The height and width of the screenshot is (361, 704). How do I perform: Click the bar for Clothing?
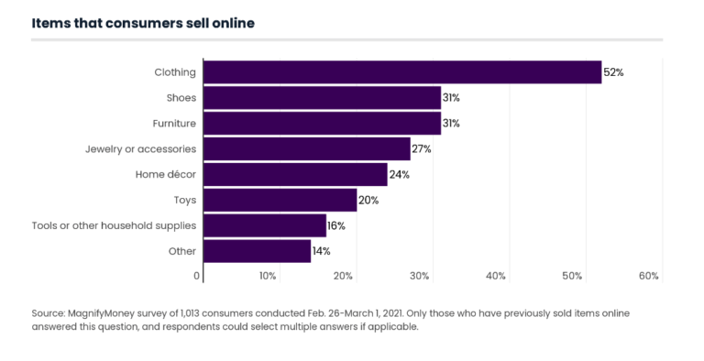click(x=401, y=72)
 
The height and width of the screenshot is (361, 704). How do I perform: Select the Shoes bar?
click(x=322, y=98)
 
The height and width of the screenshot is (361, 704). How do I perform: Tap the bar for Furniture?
click(x=322, y=123)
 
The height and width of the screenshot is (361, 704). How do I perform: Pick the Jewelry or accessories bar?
click(x=306, y=148)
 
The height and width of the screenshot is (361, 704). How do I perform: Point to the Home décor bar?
click(x=295, y=174)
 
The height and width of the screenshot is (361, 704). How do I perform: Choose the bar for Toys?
click(x=280, y=200)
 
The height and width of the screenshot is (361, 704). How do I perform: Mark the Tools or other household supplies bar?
click(x=264, y=225)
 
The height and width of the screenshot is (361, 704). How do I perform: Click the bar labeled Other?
click(x=257, y=251)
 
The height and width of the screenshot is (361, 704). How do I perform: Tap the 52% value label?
click(x=613, y=72)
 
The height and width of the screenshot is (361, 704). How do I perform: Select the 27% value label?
click(x=422, y=148)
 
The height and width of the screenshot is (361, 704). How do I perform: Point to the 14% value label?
click(x=322, y=251)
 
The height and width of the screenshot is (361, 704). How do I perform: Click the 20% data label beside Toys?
click(x=368, y=200)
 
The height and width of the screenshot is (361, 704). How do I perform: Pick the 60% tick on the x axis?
click(x=649, y=276)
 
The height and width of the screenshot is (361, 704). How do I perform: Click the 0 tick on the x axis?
click(x=196, y=276)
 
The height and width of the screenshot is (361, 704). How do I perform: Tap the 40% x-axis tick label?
click(x=496, y=276)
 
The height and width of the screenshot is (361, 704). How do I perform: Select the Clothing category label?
click(x=175, y=72)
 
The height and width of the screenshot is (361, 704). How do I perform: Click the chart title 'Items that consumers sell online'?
click(x=143, y=23)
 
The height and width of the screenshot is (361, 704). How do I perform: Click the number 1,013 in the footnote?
click(x=199, y=312)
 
